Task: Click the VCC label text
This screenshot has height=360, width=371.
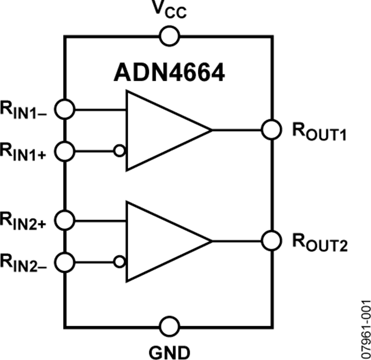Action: (169, 10)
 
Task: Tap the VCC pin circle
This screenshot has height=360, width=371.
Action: (169, 37)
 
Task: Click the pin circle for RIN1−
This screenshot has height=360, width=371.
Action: (65, 110)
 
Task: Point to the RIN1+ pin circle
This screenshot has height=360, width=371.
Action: (65, 151)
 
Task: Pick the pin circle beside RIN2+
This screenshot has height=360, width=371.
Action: (65, 220)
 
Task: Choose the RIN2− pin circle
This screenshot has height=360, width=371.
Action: (65, 261)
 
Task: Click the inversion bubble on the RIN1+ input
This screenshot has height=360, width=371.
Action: (120, 151)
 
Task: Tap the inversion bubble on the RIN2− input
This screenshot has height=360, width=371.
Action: (120, 261)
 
